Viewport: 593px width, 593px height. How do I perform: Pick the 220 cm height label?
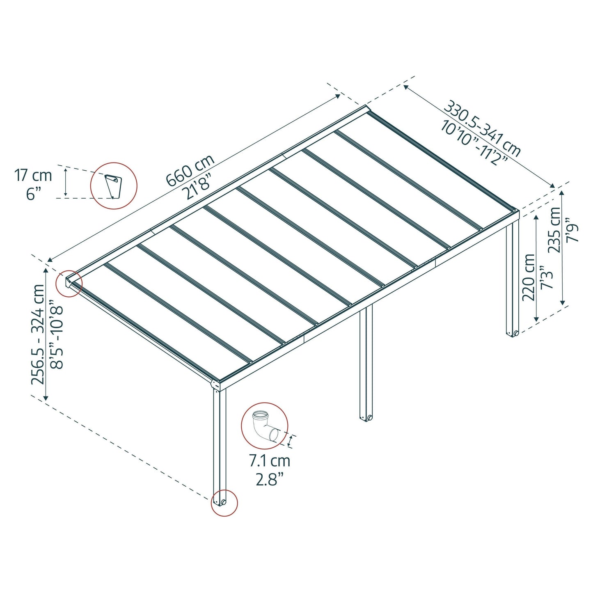tap(529, 277)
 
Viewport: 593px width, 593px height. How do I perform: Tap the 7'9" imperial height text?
tap(572, 230)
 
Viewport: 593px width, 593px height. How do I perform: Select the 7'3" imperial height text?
tap(547, 277)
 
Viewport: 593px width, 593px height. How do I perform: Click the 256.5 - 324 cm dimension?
tap(38, 334)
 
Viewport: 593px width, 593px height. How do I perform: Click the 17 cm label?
tap(33, 176)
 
